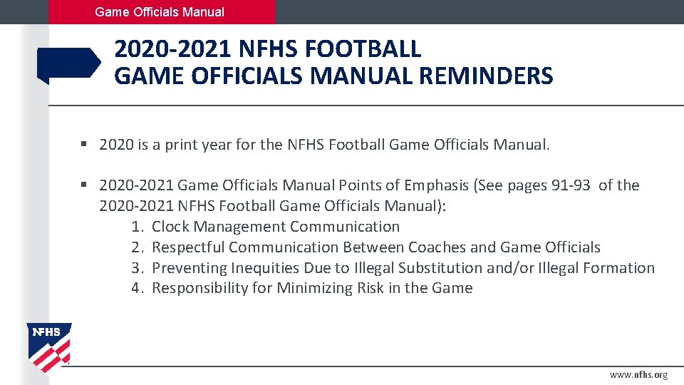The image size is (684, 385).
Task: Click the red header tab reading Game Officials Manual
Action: pos(160,12)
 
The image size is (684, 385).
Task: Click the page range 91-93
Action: pos(571,185)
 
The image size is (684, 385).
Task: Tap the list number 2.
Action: pos(138,247)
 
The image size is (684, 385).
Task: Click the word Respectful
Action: pos(188,247)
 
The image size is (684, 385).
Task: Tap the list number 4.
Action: pos(138,288)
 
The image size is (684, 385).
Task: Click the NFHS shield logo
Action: pos(48,346)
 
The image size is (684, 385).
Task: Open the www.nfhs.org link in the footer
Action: pos(638,375)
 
